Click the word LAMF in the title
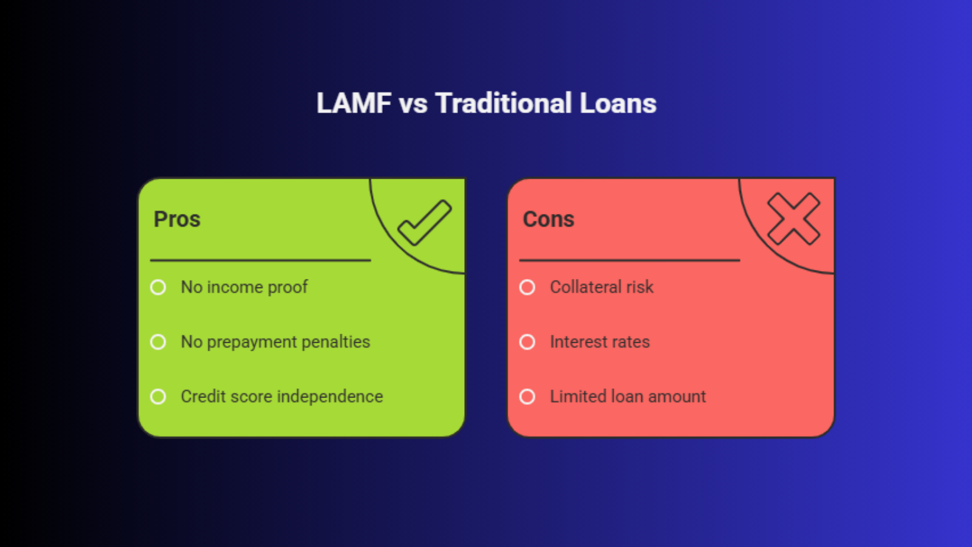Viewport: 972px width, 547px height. pos(354,103)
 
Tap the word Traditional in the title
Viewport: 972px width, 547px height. pos(504,103)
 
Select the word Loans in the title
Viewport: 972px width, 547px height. pos(618,103)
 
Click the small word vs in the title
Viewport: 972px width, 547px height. pos(413,106)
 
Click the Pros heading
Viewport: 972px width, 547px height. pos(177,219)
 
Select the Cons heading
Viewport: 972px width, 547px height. pos(549,219)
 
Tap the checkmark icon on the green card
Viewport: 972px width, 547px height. pos(425,222)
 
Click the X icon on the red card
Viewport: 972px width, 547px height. pos(793,219)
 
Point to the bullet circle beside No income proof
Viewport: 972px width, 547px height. pos(158,287)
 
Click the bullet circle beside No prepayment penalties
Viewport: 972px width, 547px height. pos(158,342)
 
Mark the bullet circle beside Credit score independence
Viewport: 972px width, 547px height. pos(158,397)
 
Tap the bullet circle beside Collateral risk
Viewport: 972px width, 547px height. pos(527,287)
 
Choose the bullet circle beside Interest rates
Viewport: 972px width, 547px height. pos(527,342)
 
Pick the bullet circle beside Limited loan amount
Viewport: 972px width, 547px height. pos(527,397)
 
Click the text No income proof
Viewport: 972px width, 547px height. pos(244,287)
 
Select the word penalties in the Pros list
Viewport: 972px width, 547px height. pos(336,342)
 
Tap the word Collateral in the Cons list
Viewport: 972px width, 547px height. pos(586,287)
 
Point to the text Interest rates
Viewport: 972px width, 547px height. pos(600,342)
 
